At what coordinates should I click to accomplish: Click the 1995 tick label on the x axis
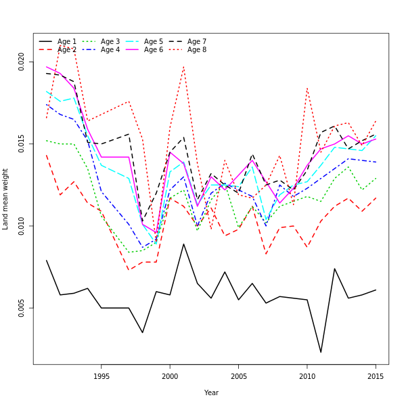(x=101, y=376)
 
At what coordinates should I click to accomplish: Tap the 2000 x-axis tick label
(x=170, y=376)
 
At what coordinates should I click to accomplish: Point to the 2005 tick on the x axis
(x=239, y=376)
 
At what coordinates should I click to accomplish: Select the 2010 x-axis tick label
(x=307, y=376)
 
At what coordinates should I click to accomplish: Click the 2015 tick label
(x=376, y=376)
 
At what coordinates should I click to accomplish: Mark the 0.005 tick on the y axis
(x=22, y=308)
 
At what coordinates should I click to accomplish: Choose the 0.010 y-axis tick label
(x=22, y=226)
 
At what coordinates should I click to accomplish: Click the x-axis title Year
(x=211, y=392)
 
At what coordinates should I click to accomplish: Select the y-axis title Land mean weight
(x=5, y=199)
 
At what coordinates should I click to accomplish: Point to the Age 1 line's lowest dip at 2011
(x=321, y=352)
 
